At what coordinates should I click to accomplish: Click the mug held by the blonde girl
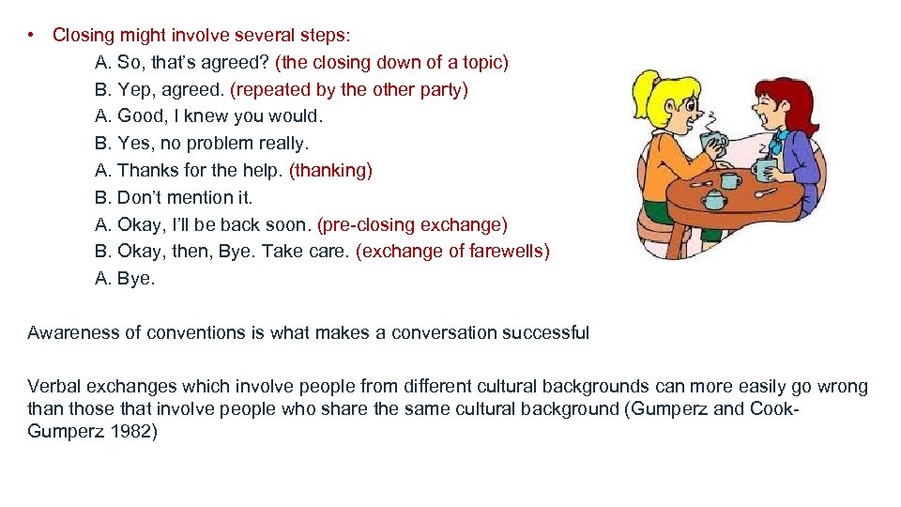(x=713, y=143)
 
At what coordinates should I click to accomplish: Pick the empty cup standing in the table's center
(x=731, y=179)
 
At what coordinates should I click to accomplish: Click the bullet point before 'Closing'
(x=32, y=36)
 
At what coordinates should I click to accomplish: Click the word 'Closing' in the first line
(x=83, y=36)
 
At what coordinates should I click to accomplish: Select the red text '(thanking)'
(x=330, y=171)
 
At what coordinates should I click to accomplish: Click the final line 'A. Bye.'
(x=126, y=279)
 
